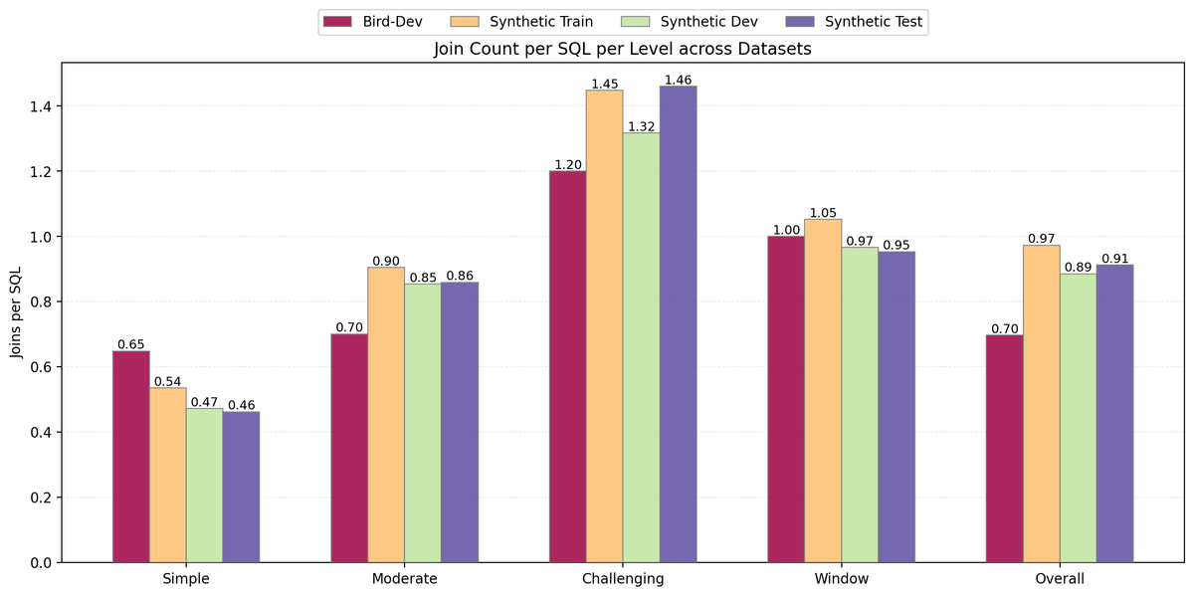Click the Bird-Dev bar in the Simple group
coord(131,457)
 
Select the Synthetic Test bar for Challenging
coord(678,324)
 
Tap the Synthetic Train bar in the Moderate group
coord(386,415)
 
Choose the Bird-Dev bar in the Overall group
coord(1005,449)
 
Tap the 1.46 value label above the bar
coord(678,80)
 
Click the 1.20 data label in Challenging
coord(567,164)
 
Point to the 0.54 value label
coord(168,381)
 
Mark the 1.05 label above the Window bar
coord(823,212)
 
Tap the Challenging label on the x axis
coord(623,578)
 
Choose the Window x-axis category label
coord(841,578)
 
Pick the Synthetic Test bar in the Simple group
coord(241,487)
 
